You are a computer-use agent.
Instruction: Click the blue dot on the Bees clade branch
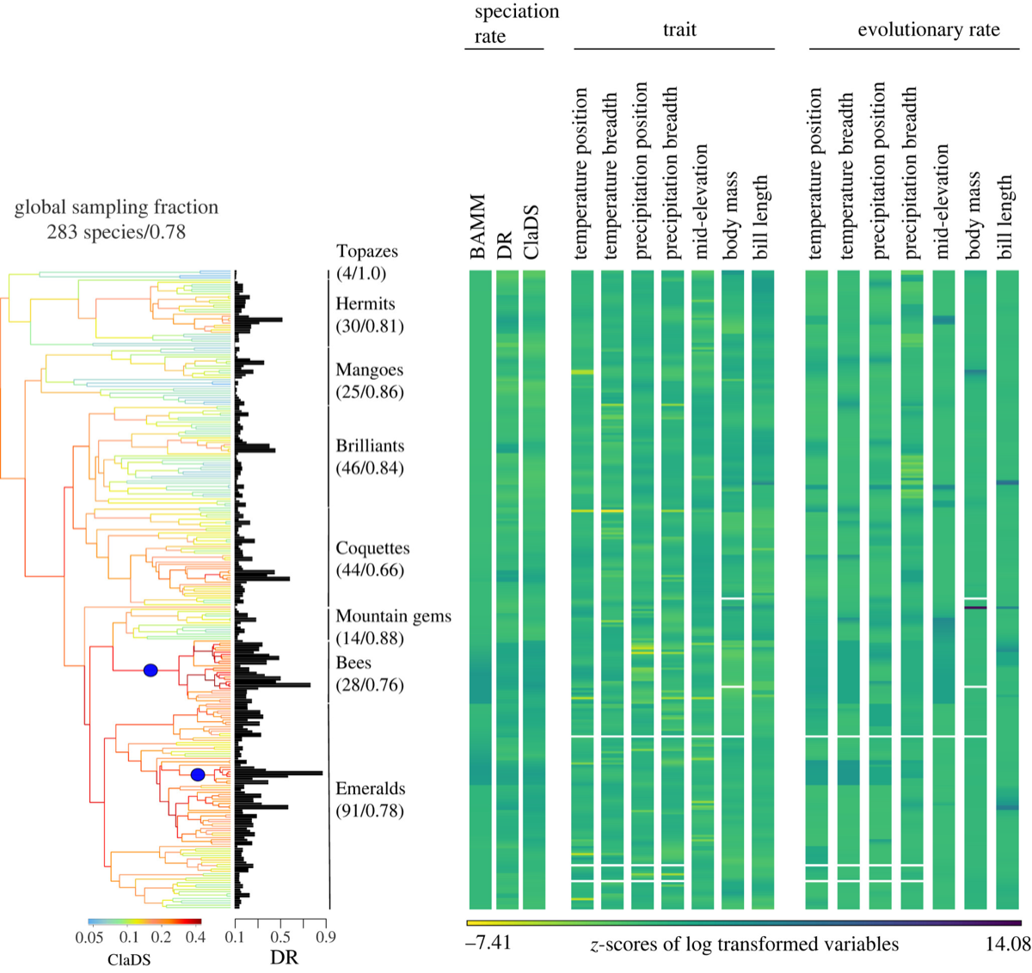point(150,670)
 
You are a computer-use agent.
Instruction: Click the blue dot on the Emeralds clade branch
point(198,774)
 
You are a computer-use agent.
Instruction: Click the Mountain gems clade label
point(393,616)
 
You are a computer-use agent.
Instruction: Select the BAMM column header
point(480,227)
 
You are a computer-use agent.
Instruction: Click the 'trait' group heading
point(679,30)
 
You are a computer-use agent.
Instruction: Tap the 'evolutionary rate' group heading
point(929,30)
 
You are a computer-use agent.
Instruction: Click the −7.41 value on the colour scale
point(488,944)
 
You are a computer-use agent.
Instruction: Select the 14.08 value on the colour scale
point(1009,944)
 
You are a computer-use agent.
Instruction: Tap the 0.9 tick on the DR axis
point(325,937)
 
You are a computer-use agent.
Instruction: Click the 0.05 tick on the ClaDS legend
point(89,937)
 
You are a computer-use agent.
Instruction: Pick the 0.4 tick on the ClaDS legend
point(195,937)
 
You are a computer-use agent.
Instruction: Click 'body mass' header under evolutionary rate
point(974,215)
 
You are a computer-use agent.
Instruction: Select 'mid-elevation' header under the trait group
point(702,201)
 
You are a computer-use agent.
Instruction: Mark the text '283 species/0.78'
point(116,231)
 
